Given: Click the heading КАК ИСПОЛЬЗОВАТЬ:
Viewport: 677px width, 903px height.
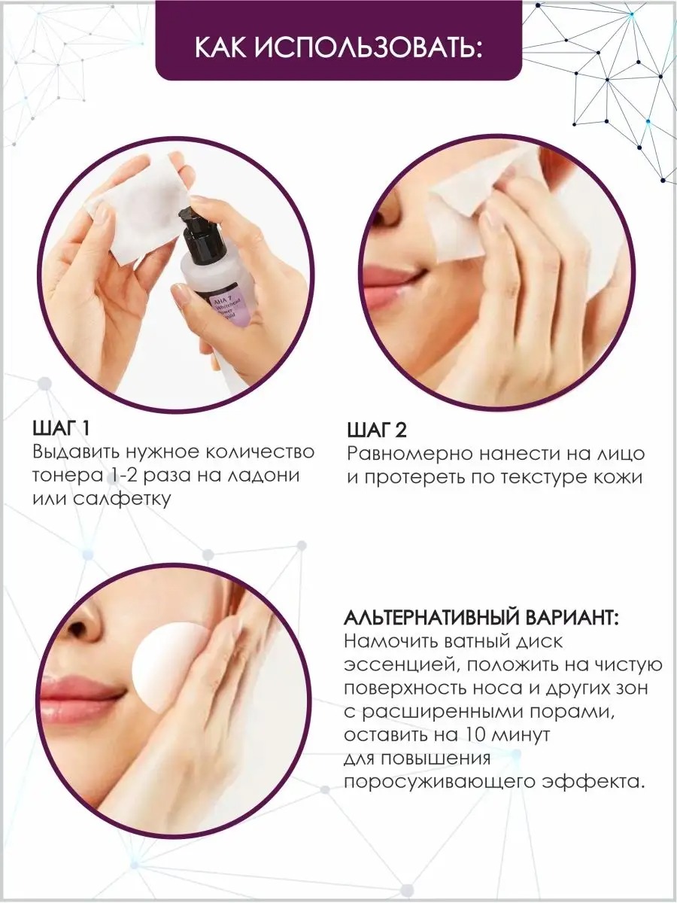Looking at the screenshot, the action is (x=338, y=48).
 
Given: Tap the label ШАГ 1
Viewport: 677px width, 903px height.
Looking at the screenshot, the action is (x=61, y=429).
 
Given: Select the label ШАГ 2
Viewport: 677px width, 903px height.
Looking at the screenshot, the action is (x=377, y=430).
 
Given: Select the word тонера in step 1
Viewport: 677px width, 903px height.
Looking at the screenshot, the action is (x=68, y=476).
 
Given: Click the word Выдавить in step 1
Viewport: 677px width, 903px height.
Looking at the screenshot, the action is (x=76, y=452).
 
